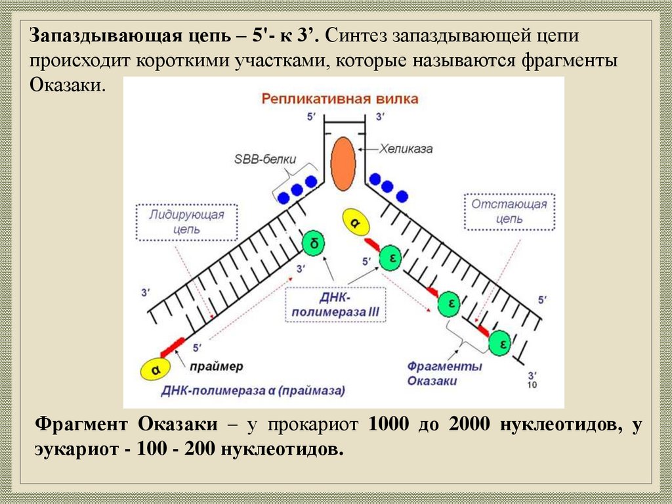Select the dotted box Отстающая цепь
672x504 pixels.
click(509, 211)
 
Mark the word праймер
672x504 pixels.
click(218, 366)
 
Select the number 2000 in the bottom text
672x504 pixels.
click(469, 424)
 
